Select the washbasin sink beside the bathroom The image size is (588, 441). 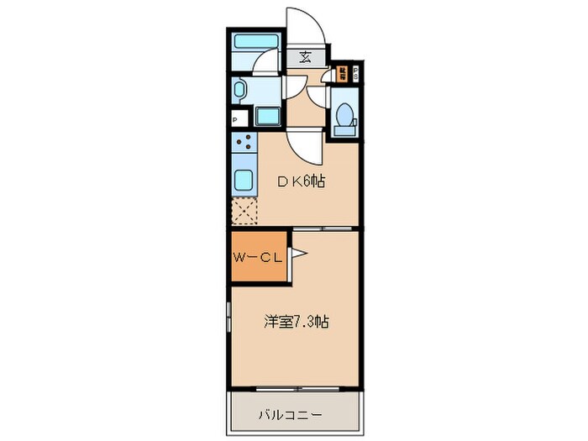point(238,89)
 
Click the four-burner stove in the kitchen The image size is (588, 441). point(243,145)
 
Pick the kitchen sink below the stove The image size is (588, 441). point(244,180)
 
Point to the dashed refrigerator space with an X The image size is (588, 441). point(244,212)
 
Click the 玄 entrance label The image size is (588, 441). point(304,58)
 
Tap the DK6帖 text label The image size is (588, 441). point(302,181)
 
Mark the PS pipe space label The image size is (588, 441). point(355,72)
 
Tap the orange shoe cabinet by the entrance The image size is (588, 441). point(342,74)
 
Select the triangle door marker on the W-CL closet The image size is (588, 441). point(299,253)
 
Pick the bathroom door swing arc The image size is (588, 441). point(269,64)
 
